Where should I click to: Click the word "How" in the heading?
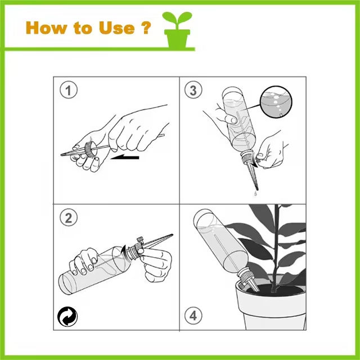coord(46,28)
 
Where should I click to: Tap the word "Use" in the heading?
coord(116,28)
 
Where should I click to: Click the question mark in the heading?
coord(146,28)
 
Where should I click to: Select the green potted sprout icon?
coord(177,30)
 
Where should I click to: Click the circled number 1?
coord(69,90)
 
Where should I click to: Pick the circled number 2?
coord(69,217)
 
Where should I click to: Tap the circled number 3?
coord(193,90)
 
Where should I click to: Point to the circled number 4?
coord(193,316)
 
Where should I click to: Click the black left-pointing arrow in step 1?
coord(125,157)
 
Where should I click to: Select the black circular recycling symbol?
coord(67,317)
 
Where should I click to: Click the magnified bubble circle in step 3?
coord(276,102)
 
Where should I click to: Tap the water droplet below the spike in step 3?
coord(255,194)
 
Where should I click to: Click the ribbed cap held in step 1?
coord(89,150)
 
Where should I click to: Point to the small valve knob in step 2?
coord(140,239)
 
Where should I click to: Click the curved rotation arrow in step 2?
coord(123,250)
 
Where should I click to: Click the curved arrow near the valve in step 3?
coord(254,161)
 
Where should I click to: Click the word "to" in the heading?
coord(83,28)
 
